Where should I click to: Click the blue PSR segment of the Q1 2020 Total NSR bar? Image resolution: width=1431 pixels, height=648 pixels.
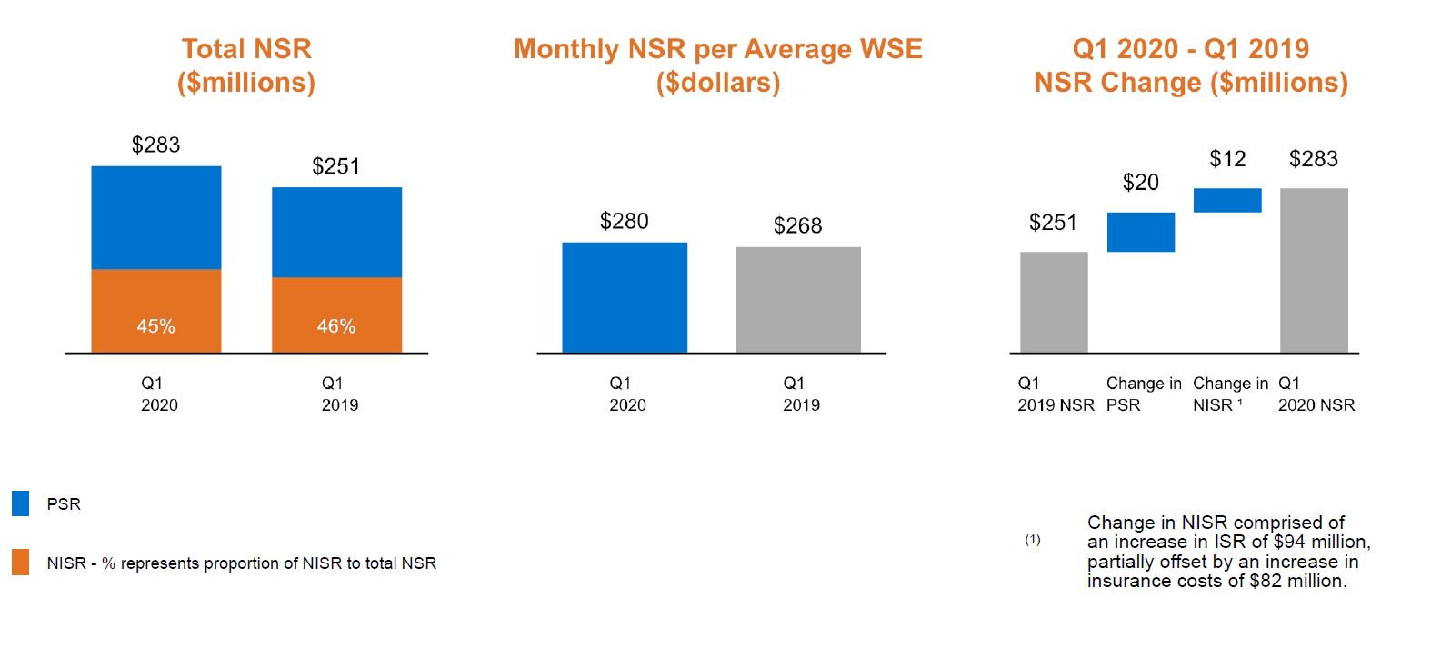(x=155, y=217)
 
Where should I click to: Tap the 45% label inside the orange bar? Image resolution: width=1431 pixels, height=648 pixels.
(x=155, y=326)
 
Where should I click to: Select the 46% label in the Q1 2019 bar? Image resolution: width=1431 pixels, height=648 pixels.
(x=336, y=326)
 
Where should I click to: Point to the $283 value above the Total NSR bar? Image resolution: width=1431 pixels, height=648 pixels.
(x=155, y=145)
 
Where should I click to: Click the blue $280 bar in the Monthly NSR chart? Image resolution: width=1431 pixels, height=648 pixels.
(x=625, y=297)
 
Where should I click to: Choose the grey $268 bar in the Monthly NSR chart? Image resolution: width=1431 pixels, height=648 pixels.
(x=798, y=300)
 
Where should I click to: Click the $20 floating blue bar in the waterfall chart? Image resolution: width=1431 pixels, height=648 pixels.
(x=1140, y=232)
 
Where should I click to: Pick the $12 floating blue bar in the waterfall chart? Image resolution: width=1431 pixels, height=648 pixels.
(x=1226, y=200)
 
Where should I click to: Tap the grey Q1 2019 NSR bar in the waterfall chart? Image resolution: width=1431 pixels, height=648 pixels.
(x=1054, y=302)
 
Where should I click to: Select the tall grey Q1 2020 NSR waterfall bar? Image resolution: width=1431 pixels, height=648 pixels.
(x=1314, y=270)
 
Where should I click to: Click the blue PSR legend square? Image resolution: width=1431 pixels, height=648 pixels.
(x=20, y=503)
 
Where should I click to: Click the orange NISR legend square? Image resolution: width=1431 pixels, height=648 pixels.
(x=20, y=563)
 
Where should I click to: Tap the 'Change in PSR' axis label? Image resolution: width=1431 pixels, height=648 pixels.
(x=1143, y=394)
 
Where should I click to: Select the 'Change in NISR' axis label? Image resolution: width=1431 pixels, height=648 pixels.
(x=1229, y=394)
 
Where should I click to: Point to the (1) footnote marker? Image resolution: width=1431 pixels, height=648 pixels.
(x=1033, y=540)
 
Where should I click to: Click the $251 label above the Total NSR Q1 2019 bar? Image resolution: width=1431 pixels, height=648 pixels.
(x=335, y=166)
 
